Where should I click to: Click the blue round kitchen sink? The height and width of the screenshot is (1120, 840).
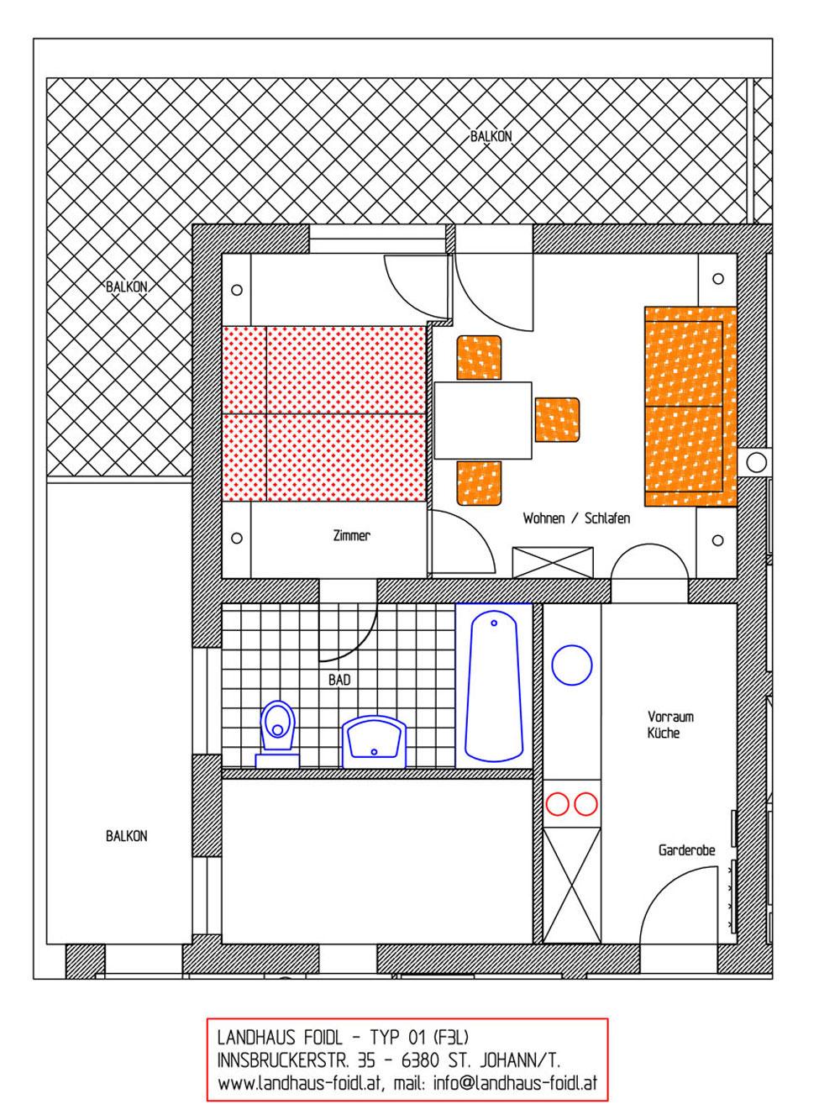point(572,665)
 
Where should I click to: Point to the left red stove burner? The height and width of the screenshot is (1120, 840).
point(557,804)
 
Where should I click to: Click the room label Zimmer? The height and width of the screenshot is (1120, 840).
point(351,536)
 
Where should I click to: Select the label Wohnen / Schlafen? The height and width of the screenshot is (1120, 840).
point(576,518)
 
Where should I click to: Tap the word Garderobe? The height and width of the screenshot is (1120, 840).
point(686,850)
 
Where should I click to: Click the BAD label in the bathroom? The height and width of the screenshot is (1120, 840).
point(339,681)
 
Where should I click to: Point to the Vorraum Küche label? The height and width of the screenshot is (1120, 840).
point(670,724)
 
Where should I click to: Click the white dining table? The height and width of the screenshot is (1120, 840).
point(483,420)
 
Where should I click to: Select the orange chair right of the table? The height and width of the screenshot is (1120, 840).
point(557,420)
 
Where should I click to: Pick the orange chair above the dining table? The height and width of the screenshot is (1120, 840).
point(479,358)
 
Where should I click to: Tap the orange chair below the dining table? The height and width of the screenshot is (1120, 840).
point(479,483)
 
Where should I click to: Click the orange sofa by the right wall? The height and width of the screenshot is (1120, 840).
point(690,406)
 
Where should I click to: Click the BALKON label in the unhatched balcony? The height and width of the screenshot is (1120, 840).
point(127,836)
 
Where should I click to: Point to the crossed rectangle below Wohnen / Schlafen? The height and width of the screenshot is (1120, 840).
point(553,563)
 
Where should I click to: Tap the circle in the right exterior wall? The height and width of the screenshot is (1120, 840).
point(756,463)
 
